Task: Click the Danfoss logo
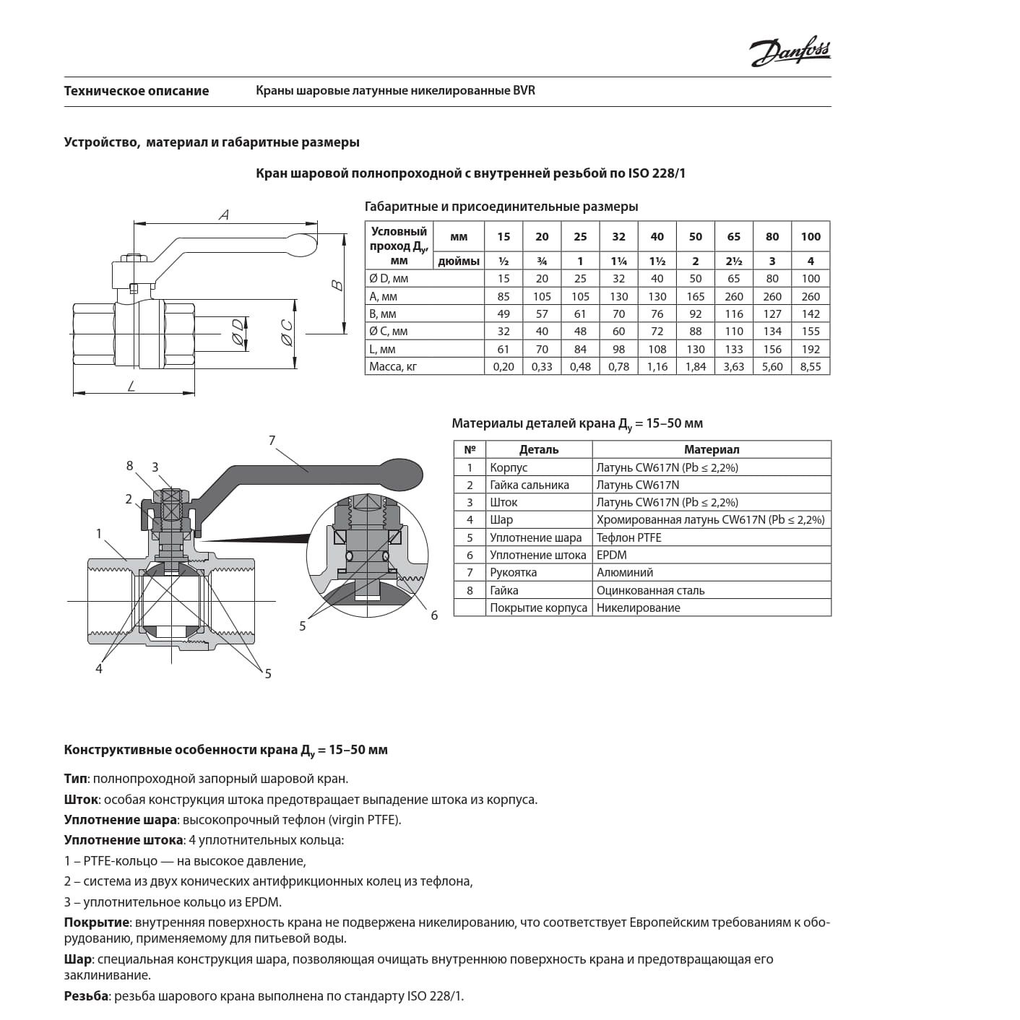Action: click(790, 51)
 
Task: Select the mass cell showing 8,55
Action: click(811, 366)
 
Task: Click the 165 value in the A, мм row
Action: click(695, 296)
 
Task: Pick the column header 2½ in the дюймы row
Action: click(734, 261)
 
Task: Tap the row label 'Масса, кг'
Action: click(393, 366)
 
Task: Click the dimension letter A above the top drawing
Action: click(224, 215)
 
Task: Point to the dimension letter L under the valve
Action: click(131, 386)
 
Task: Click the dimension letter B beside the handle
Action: click(337, 285)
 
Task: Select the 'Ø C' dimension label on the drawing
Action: click(287, 334)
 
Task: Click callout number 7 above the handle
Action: click(272, 440)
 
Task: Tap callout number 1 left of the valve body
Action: click(99, 533)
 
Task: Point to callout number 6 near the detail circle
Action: click(434, 615)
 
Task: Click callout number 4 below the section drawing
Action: click(99, 669)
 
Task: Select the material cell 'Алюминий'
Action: click(625, 572)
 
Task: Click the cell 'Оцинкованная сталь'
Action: click(650, 590)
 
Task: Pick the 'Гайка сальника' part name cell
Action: click(530, 485)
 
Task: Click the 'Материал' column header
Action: click(712, 449)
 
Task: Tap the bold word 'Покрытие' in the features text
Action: click(97, 922)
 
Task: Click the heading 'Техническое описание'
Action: click(137, 91)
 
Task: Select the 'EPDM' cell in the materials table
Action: click(612, 555)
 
